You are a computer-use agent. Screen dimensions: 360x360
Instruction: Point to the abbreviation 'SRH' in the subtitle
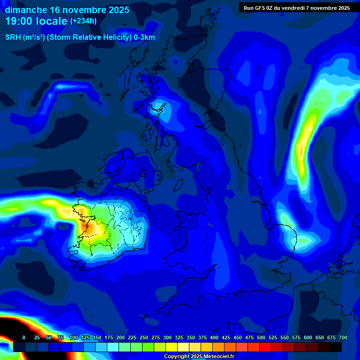[13, 37]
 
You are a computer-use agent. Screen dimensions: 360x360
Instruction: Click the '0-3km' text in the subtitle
[144, 37]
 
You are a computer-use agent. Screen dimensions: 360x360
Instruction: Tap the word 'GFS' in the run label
[263, 7]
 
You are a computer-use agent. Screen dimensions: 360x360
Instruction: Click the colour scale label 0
[24, 337]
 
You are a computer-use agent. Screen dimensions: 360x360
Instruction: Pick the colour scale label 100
[74, 337]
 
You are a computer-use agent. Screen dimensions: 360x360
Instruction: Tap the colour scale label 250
[144, 337]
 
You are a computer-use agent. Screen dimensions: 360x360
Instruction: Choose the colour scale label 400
[214, 337]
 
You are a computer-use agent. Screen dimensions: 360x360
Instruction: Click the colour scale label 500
[261, 337]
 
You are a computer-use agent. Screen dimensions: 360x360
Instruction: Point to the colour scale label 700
[343, 337]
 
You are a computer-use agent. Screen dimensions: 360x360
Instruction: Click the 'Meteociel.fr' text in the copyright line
[217, 356]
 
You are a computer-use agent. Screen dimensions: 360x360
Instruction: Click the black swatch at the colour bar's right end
[336, 347]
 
